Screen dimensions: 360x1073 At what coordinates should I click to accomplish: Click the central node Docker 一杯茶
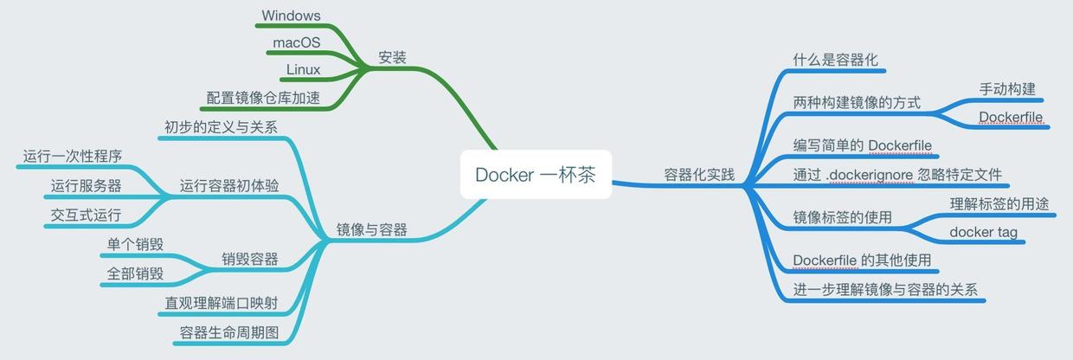coord(535,174)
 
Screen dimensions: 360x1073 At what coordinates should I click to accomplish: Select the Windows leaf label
coord(291,16)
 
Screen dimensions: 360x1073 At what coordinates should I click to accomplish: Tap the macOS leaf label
coord(297,42)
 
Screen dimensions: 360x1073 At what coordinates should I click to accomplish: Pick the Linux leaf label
coord(303,69)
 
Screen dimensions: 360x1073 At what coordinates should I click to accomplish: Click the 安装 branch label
coord(392,58)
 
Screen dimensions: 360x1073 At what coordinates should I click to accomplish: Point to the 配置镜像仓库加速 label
coord(263,98)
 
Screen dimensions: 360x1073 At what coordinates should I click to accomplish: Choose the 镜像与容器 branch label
coord(371,230)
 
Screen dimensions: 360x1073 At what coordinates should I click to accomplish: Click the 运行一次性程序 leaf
coord(73,157)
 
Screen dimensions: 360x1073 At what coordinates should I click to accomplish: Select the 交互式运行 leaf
coord(86,214)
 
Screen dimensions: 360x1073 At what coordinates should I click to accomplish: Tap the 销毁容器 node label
coord(250,259)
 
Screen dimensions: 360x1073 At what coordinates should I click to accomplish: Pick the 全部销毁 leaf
coord(135,273)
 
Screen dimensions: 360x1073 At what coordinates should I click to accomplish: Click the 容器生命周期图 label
coord(229,332)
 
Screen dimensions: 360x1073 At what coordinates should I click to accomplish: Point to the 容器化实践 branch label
coord(699,175)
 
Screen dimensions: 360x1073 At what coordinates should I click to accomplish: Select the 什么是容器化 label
coord(836,60)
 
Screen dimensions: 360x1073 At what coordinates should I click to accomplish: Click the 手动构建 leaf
coord(1007,89)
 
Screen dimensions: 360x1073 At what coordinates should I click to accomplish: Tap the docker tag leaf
coord(983,232)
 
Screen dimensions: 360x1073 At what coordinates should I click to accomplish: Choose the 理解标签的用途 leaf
coord(999,204)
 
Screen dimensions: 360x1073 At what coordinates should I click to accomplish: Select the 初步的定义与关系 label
coord(221,127)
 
